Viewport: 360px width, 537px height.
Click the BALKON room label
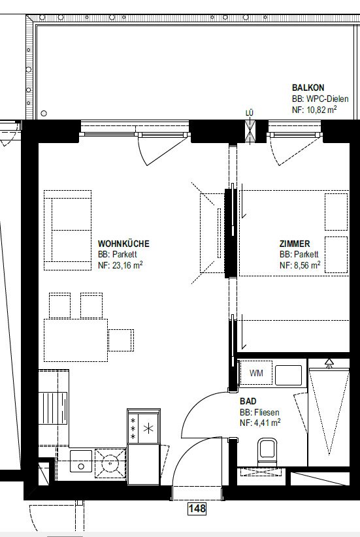pyautogui.click(x=308, y=88)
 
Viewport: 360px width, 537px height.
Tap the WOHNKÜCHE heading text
pyautogui.click(x=123, y=244)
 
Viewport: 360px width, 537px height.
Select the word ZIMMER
pyautogui.click(x=295, y=244)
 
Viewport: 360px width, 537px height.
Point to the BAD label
pyautogui.click(x=248, y=401)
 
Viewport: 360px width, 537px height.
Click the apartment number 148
pyautogui.click(x=197, y=508)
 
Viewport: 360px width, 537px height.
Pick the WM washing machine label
pyautogui.click(x=256, y=372)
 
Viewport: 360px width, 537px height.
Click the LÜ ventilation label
pyautogui.click(x=250, y=112)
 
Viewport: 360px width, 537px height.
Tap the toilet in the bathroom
pyautogui.click(x=267, y=451)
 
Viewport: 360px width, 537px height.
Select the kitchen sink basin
pyautogui.click(x=81, y=461)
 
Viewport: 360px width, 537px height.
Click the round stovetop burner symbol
pyautogui.click(x=110, y=463)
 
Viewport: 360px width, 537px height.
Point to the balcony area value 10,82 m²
pyautogui.click(x=314, y=110)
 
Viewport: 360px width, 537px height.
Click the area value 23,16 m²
pyautogui.click(x=120, y=265)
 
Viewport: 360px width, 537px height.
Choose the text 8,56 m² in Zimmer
pyautogui.click(x=300, y=265)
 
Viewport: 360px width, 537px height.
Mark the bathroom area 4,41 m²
pyautogui.click(x=260, y=423)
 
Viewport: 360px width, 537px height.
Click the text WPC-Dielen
pyautogui.click(x=327, y=99)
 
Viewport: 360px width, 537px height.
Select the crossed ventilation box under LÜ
pyautogui.click(x=250, y=131)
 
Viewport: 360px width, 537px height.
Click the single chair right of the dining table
pyautogui.click(x=121, y=340)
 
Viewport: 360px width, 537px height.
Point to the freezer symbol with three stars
pyautogui.click(x=133, y=428)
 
